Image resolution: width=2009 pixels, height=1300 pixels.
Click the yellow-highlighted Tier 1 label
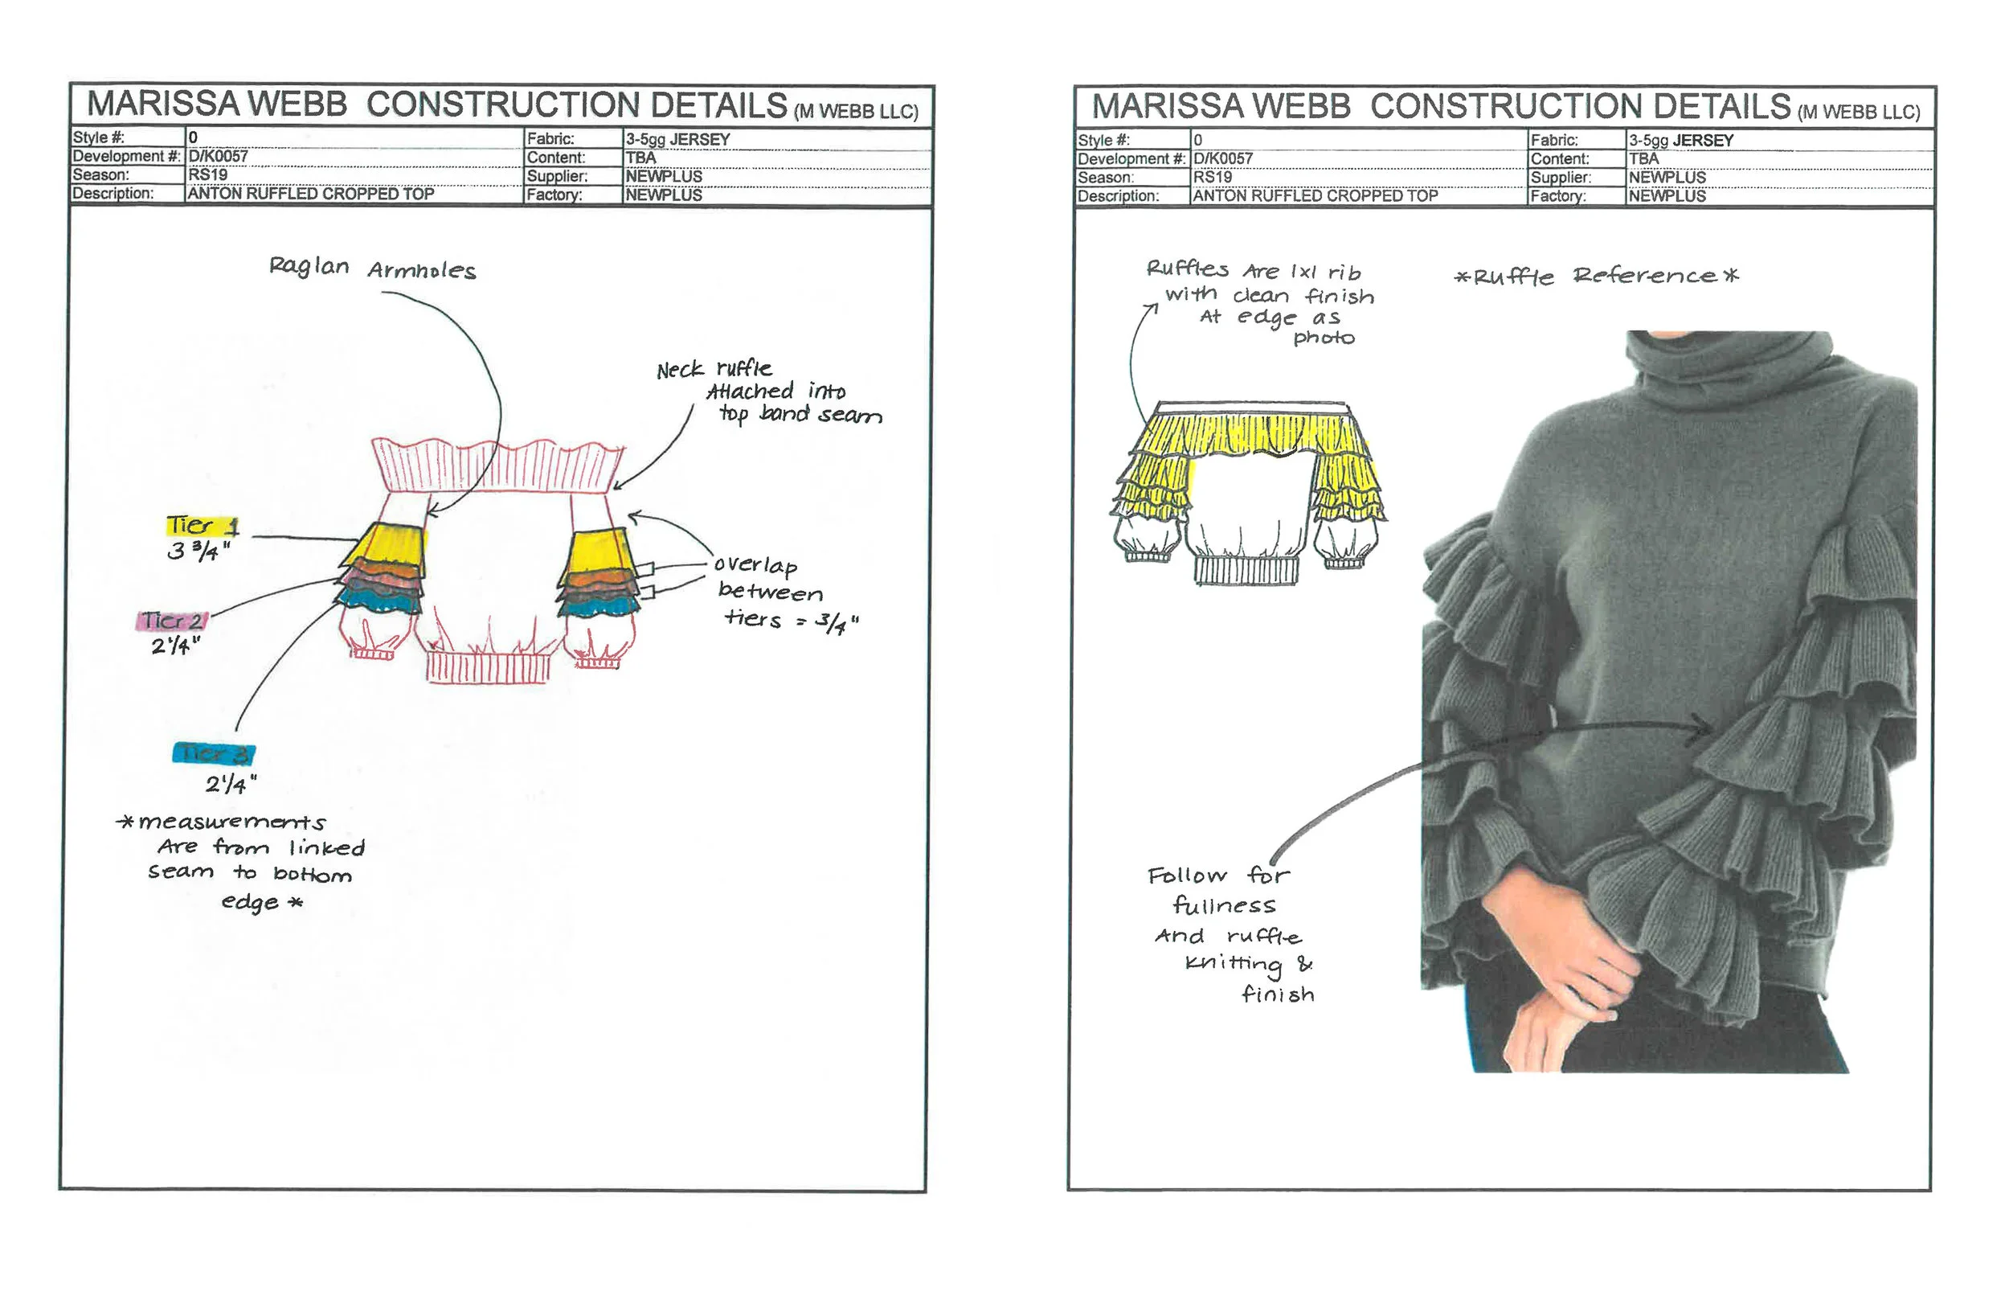(x=202, y=525)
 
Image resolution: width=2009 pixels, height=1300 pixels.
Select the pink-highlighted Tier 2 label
(x=171, y=621)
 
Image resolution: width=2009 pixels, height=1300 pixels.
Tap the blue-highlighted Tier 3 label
(x=213, y=753)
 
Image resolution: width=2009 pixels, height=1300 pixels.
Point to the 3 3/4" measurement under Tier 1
(x=199, y=552)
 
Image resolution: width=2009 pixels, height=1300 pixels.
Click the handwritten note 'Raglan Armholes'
(x=372, y=269)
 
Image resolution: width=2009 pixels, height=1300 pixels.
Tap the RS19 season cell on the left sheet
(x=207, y=174)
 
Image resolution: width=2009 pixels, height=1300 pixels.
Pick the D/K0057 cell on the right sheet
(x=1222, y=158)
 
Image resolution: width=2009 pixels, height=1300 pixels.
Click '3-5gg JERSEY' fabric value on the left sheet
(x=677, y=139)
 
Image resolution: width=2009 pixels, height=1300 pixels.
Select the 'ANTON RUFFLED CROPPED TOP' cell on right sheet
(x=1315, y=196)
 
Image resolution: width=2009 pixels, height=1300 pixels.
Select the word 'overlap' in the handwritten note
(x=755, y=566)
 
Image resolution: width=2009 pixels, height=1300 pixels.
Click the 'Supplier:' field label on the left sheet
(x=557, y=176)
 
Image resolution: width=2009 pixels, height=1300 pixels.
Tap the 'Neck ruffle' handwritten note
(x=714, y=369)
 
